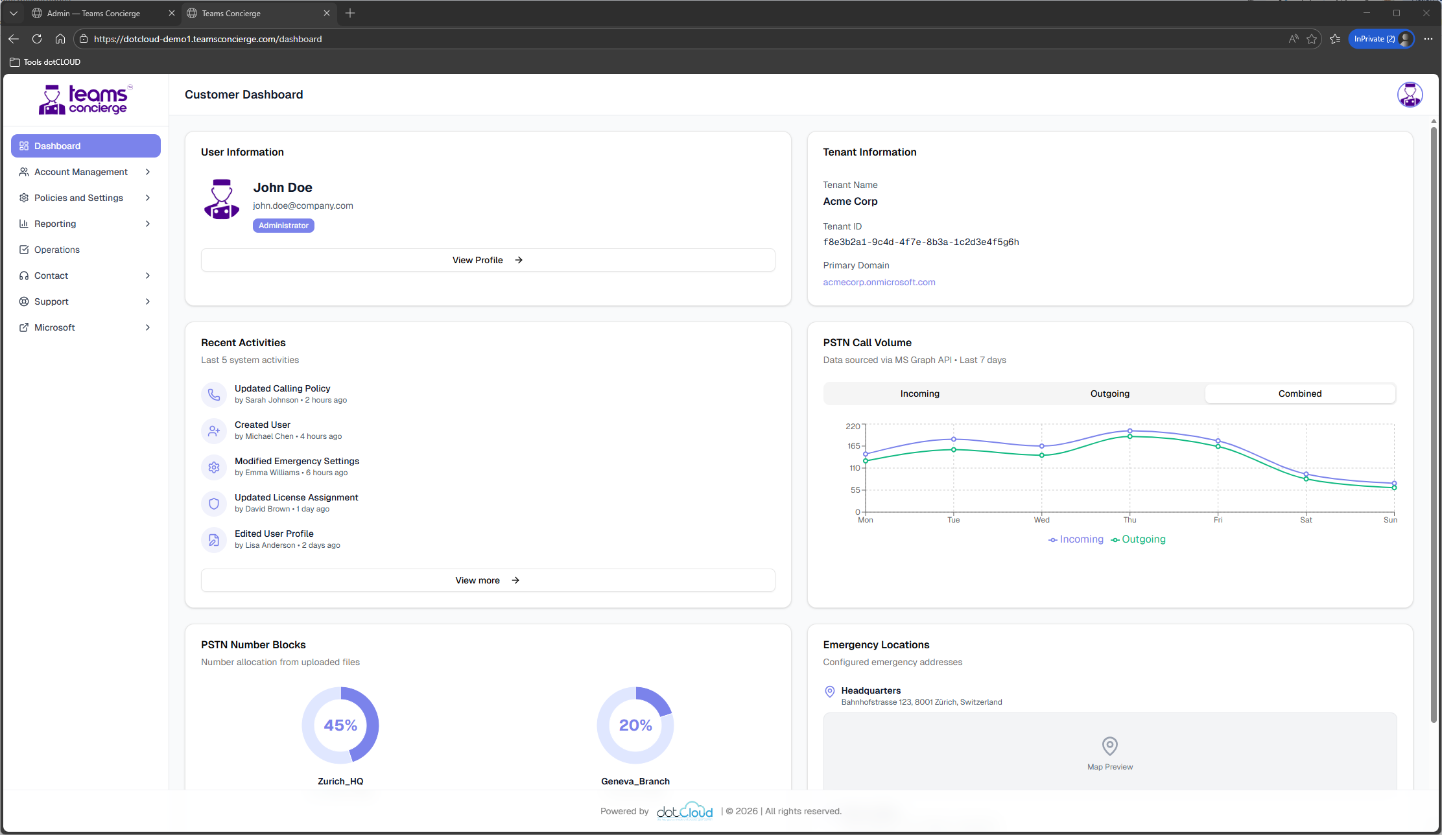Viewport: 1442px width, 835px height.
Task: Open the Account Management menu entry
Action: pos(81,172)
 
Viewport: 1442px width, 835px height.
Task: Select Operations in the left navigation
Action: pos(57,250)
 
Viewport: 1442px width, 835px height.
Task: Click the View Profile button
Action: pos(488,260)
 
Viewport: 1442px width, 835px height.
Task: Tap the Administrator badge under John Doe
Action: pos(283,226)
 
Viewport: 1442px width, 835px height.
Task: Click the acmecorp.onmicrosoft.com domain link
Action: pos(879,282)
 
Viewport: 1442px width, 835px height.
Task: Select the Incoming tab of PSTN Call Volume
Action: pos(919,394)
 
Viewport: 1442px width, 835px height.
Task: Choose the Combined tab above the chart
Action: pos(1299,394)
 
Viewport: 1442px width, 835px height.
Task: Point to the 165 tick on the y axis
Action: pos(853,446)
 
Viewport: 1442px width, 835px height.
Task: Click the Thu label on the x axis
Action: pos(1129,520)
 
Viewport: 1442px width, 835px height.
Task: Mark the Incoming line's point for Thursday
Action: pos(1129,430)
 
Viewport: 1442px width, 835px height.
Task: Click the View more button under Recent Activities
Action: pos(488,580)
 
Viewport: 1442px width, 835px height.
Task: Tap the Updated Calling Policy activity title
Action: pos(282,388)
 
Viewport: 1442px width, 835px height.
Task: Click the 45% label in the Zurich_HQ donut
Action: pos(340,725)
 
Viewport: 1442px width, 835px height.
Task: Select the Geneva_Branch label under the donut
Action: pos(635,781)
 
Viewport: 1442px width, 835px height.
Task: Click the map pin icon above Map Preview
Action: pos(1109,746)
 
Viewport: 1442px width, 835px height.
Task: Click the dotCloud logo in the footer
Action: pos(684,811)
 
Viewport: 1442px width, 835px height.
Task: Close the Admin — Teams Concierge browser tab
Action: pos(171,13)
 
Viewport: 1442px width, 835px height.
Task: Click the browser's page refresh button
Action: pos(37,39)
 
